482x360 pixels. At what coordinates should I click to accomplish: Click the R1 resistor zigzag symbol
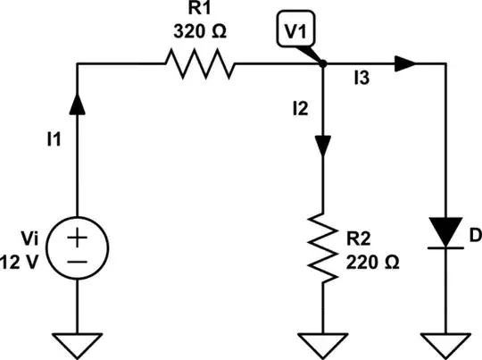[199, 63]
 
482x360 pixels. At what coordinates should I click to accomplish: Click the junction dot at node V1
[323, 63]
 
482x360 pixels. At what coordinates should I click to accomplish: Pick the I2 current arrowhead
[323, 144]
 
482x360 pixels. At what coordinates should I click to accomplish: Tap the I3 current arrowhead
[406, 63]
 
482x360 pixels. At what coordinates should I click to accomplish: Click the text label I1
[54, 138]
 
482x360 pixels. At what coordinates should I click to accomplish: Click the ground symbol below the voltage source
[79, 341]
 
